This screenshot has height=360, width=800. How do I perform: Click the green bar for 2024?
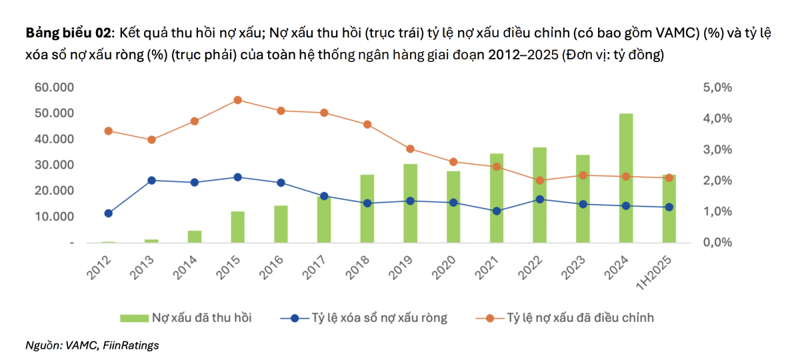pos(626,178)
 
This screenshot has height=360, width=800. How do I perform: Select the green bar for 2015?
pos(237,227)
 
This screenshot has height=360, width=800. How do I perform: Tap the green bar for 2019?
pos(410,203)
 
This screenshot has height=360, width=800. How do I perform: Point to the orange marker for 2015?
pos(237,100)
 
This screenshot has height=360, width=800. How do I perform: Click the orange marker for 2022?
pos(540,180)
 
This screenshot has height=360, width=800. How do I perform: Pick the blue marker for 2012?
pos(108,213)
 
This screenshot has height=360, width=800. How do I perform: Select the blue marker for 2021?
pos(497,211)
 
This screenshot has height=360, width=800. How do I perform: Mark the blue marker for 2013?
pos(151,180)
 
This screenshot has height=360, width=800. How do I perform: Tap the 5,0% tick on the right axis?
pos(717,87)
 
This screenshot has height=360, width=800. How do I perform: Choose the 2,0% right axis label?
pos(717,181)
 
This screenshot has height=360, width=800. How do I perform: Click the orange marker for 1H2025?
pos(669,177)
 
